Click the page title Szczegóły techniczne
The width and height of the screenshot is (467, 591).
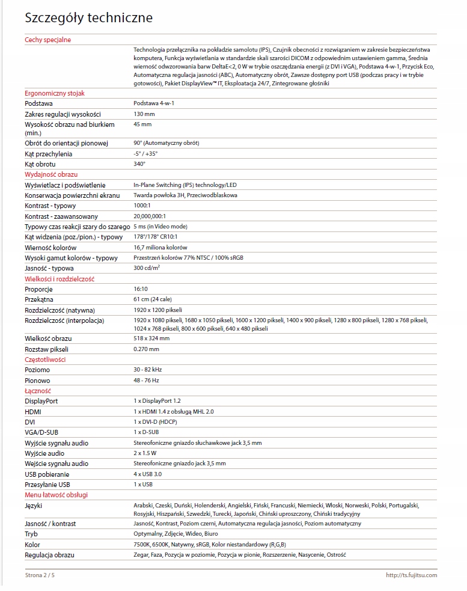(88, 19)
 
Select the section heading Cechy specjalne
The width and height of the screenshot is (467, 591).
(47, 40)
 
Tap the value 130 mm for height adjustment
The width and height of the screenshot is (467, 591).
(144, 114)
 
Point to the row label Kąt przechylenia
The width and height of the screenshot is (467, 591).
(49, 153)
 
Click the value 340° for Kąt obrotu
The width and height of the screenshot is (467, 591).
(139, 164)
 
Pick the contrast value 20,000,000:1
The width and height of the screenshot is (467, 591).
(150, 216)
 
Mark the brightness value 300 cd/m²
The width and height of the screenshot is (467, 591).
(147, 268)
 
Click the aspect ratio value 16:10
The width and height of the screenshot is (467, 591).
(141, 289)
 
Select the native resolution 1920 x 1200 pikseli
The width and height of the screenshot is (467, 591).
(157, 310)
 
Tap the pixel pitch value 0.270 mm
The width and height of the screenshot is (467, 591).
(146, 349)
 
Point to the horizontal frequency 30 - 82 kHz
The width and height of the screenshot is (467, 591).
(148, 370)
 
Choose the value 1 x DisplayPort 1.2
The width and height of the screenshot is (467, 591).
(157, 401)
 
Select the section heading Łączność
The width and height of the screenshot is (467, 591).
(37, 391)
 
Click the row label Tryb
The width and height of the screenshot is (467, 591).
(31, 534)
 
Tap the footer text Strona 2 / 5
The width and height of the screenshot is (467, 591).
(43, 575)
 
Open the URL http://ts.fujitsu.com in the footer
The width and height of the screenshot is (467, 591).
(411, 575)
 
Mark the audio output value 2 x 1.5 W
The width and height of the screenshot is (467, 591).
(145, 453)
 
